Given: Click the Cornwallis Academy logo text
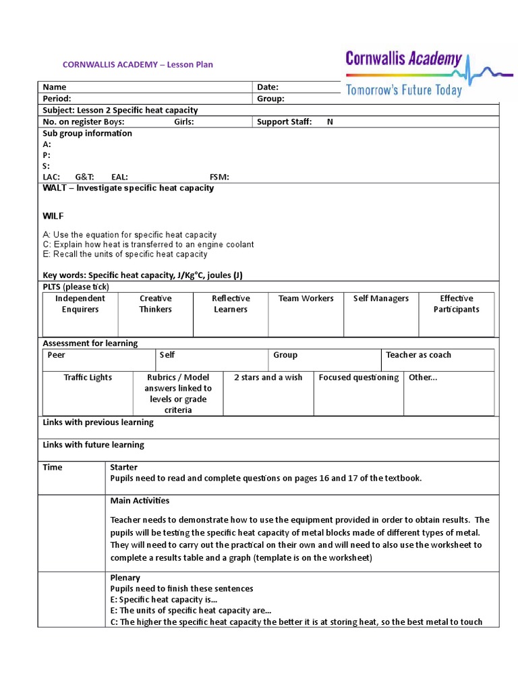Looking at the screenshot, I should point(403,59).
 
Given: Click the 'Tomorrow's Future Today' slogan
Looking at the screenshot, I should point(404,90).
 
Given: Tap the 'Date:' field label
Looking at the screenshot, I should point(267,87).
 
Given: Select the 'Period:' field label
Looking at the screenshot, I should point(57,99).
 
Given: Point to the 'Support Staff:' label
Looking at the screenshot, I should point(284,121).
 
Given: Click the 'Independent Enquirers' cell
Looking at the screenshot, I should point(80,304).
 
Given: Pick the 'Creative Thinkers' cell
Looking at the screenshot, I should point(155,304).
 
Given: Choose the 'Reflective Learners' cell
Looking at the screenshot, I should point(231,304).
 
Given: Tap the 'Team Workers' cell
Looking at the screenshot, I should point(306,298).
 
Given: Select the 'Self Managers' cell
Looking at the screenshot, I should point(381,298).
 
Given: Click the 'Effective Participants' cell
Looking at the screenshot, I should point(457,304).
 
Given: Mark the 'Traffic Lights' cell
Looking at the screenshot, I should point(88,377).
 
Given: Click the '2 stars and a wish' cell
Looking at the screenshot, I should point(268,377).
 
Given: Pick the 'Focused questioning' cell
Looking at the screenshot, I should point(359,377).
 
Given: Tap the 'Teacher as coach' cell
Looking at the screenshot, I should point(418,355).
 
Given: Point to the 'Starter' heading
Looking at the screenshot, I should point(123,467).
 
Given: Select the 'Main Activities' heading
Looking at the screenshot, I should point(140,501).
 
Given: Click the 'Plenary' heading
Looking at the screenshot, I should point(125,578).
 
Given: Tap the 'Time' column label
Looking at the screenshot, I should point(53,467).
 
